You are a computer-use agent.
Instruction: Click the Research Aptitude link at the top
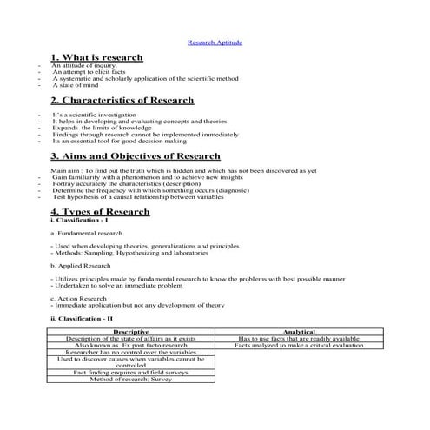215,42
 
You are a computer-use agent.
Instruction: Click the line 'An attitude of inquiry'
83,65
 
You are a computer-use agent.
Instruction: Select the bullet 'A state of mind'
76,86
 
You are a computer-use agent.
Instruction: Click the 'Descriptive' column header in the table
131,331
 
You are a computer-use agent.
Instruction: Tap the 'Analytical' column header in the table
299,331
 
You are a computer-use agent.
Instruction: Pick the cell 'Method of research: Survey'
131,379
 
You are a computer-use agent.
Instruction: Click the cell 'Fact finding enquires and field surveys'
131,372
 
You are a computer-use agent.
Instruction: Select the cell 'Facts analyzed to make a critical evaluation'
299,345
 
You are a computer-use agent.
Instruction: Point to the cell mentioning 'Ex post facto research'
131,345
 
